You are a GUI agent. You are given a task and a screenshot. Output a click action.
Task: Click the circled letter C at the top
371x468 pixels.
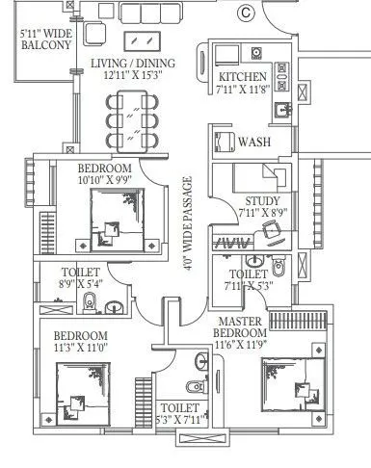(245, 13)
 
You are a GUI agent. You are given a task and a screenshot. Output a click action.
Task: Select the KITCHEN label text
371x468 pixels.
(242, 78)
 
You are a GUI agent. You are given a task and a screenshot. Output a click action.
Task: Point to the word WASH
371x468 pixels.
(254, 142)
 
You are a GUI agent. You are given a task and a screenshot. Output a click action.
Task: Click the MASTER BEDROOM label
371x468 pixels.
(241, 328)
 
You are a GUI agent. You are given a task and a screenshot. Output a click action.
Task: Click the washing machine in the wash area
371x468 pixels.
(222, 141)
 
